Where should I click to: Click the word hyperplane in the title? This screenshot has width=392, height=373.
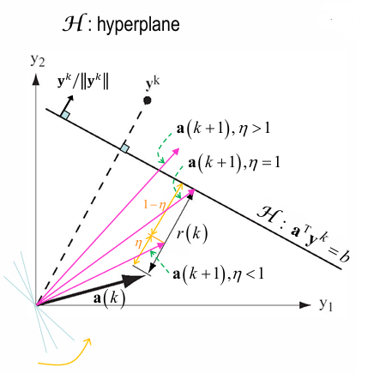coord(138,25)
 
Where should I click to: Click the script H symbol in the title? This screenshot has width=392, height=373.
coord(73,23)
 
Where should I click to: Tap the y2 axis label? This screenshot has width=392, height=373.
coord(38,60)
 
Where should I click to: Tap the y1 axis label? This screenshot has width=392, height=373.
coord(325,304)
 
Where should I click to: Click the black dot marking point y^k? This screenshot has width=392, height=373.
coord(148,100)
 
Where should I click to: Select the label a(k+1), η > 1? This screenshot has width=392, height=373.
coord(223,129)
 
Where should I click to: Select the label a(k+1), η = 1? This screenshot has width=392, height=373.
coord(234,163)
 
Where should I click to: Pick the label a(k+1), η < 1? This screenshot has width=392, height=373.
coord(218,274)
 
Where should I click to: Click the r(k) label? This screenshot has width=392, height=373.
coord(192,234)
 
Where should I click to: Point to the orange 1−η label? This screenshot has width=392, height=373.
coord(154,205)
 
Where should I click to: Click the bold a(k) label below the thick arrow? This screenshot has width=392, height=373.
coord(110,298)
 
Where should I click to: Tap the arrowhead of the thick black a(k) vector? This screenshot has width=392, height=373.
coord(134,280)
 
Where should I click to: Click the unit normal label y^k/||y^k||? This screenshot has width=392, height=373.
coord(83,82)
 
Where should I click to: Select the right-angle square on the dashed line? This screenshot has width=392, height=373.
coord(124,148)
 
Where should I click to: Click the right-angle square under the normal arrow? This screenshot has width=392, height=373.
coord(65,115)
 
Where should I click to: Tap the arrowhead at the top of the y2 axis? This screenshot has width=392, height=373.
coord(36,79)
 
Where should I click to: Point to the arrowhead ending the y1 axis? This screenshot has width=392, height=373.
coord(305,305)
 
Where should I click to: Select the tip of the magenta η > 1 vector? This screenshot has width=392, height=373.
coord(179,148)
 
